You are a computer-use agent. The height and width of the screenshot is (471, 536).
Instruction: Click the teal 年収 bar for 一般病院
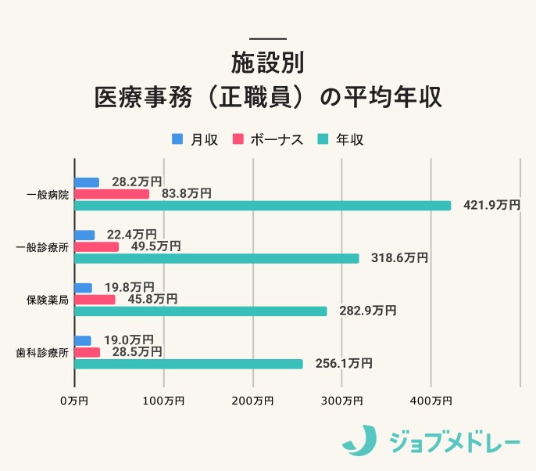[263, 206]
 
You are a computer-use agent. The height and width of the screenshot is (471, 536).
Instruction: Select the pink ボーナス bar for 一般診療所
[97, 246]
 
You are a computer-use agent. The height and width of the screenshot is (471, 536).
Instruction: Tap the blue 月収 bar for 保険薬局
[84, 287]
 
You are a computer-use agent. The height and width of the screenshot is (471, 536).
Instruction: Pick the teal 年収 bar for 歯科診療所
[188, 364]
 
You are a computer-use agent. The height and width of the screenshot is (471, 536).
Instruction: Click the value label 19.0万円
[128, 340]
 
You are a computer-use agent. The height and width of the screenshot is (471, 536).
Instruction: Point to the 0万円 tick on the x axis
[74, 401]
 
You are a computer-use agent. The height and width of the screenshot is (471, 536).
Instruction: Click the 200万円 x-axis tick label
[252, 401]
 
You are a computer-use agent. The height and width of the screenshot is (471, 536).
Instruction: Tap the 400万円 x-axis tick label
[431, 401]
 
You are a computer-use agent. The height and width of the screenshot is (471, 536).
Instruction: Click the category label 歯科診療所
[41, 352]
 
